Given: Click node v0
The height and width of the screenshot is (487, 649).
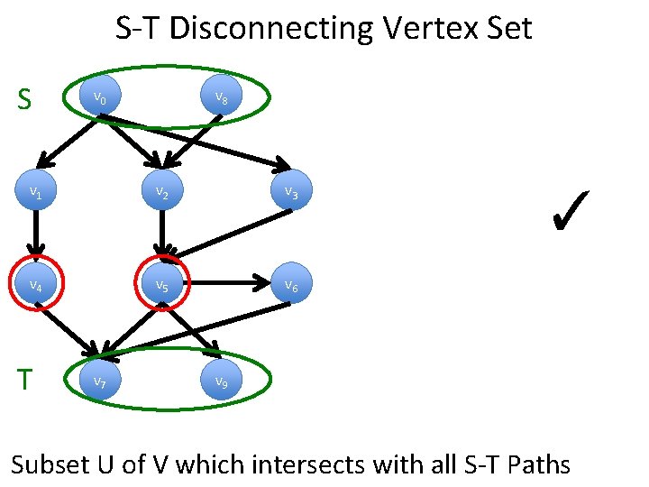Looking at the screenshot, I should [x=102, y=97].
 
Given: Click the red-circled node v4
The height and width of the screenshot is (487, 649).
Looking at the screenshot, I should [x=36, y=285].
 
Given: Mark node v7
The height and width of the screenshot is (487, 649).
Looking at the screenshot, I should [x=102, y=381].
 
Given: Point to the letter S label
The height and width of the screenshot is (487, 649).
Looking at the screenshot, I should [x=25, y=99].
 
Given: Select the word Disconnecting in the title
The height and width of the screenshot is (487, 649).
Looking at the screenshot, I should [x=270, y=29].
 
